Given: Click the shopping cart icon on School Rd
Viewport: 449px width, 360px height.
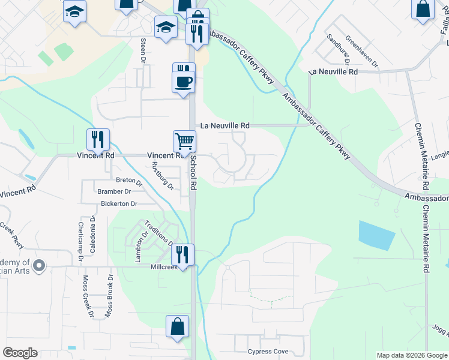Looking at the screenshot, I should tap(185, 142).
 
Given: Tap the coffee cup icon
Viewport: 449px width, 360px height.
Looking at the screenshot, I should tap(183, 82).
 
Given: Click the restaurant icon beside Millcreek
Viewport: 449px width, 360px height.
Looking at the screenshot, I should tap(182, 254).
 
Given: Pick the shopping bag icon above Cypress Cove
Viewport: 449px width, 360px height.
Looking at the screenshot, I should tap(178, 327).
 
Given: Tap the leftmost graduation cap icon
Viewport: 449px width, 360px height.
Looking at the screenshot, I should tap(75, 11).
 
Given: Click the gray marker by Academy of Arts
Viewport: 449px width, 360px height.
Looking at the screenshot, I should tap(40, 265).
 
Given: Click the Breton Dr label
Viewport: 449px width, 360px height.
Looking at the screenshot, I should tap(128, 180).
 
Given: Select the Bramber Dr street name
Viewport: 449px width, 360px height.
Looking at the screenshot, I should tap(114, 191).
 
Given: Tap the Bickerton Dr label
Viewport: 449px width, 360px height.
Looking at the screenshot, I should tap(119, 204).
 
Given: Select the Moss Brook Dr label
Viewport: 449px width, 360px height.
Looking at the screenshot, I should tap(109, 296).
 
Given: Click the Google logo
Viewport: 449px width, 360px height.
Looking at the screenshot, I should tap(20, 353).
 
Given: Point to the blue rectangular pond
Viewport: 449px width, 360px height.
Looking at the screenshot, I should tap(377, 236).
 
